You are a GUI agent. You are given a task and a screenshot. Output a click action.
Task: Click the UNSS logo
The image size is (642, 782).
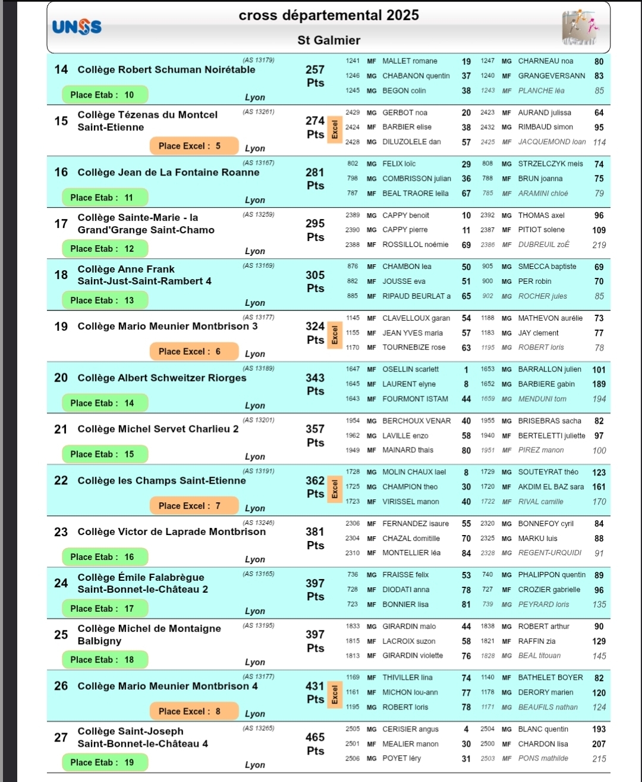pyautogui.click(x=77, y=27)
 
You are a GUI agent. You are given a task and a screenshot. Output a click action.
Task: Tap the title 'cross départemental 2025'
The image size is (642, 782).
pyautogui.click(x=329, y=15)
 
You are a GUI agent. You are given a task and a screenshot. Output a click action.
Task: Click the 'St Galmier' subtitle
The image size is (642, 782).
pyautogui.click(x=329, y=40)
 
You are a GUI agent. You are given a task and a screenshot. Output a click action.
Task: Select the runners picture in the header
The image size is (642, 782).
pyautogui.click(x=580, y=28)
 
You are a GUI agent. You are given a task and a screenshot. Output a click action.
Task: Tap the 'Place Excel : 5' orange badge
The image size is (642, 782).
pyautogui.click(x=194, y=146)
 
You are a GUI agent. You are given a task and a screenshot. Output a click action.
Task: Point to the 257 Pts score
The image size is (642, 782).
pyautogui.click(x=315, y=76)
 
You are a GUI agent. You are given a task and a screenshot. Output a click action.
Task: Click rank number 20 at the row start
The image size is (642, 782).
pyautogui.click(x=61, y=378)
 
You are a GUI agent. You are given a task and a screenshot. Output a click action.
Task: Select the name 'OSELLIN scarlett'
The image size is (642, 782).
pyautogui.click(x=410, y=370)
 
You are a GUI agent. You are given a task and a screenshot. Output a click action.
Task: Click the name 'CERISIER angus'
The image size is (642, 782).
pyautogui.click(x=410, y=729)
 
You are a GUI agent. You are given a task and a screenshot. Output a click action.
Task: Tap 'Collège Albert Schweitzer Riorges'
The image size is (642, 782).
pyautogui.click(x=162, y=378)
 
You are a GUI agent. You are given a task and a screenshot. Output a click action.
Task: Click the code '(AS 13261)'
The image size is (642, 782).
pyautogui.click(x=258, y=111)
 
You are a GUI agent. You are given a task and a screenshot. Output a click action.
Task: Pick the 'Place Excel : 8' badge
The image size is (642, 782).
pyautogui.click(x=194, y=711)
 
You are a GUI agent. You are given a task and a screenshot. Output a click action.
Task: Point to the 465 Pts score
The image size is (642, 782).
pyautogui.click(x=315, y=743)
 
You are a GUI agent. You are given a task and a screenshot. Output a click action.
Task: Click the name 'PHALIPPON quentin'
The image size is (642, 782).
pyautogui.click(x=552, y=575)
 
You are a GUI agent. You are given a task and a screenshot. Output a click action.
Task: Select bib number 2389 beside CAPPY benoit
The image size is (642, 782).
pyautogui.click(x=353, y=215)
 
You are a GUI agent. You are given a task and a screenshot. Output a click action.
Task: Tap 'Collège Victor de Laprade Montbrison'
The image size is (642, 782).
pyautogui.click(x=171, y=532)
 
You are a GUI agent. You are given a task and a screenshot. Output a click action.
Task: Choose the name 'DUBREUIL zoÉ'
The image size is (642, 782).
pyautogui.click(x=543, y=245)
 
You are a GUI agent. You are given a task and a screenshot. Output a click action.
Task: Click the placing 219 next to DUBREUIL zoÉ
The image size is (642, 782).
pyautogui.click(x=599, y=245)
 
